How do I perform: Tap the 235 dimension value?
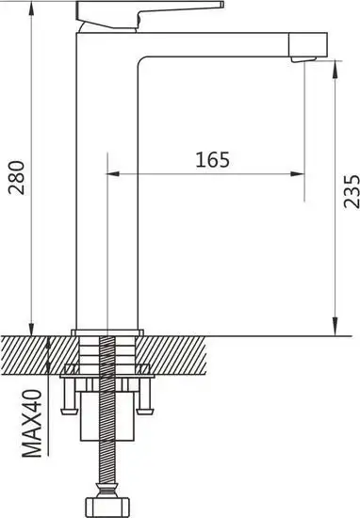click(x=348, y=192)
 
